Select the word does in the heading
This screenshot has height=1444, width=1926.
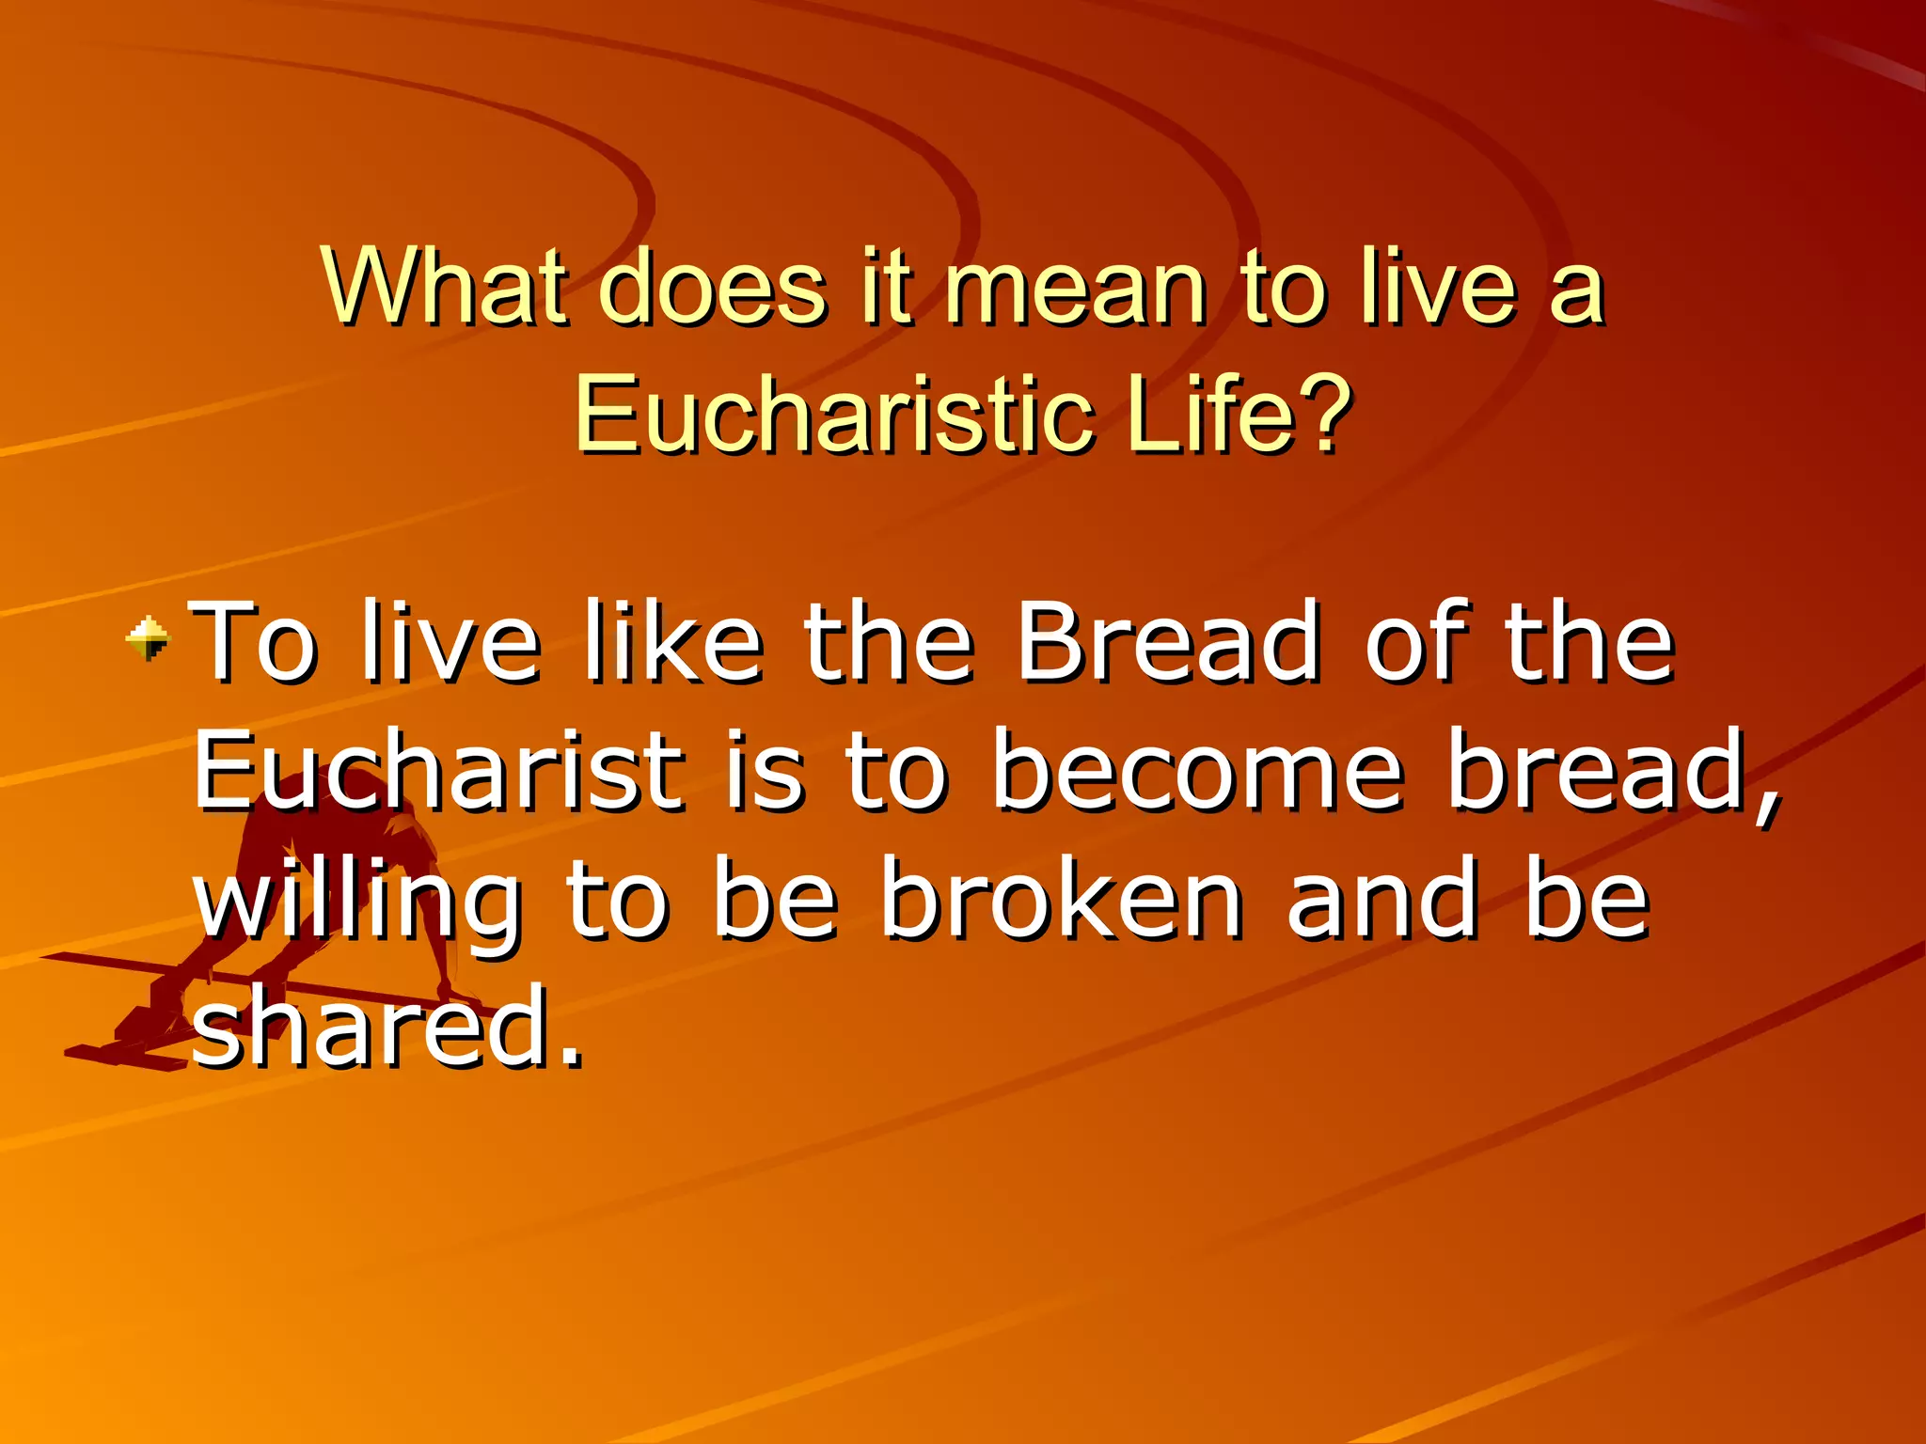tap(712, 285)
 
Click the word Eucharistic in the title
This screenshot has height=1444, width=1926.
tap(833, 414)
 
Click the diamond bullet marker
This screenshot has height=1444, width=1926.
tap(149, 638)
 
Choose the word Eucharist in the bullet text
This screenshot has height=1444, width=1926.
tap(437, 773)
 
